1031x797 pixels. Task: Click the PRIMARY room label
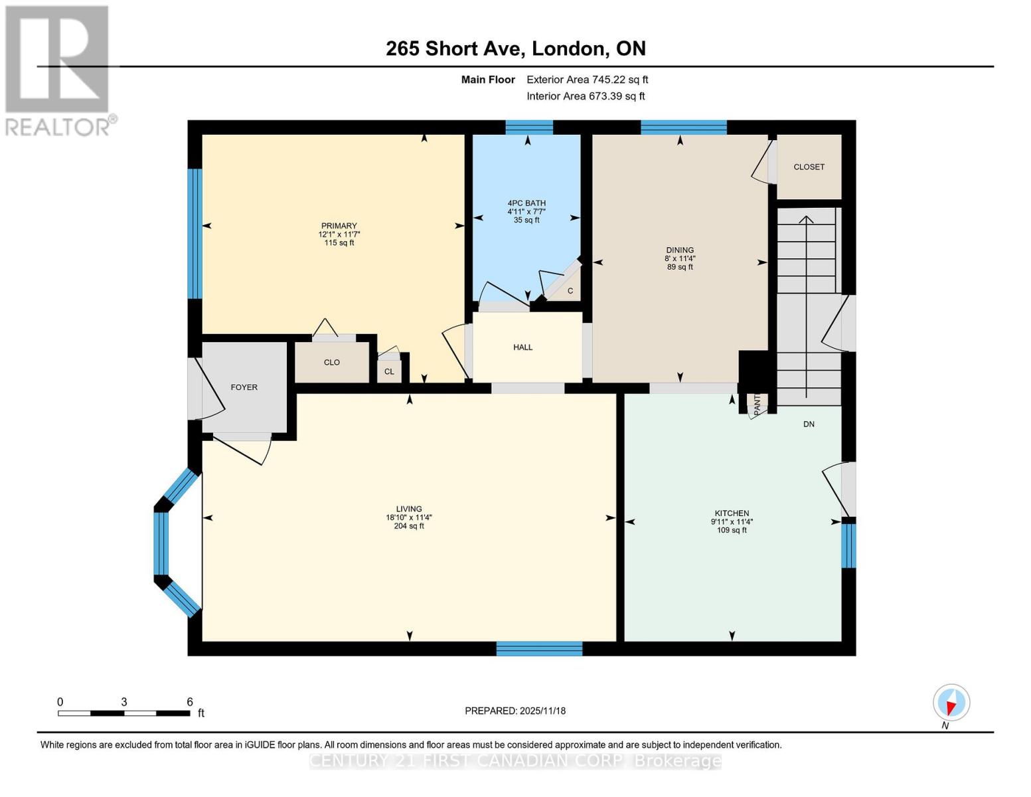pyautogui.click(x=339, y=226)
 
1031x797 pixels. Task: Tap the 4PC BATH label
pyautogui.click(x=526, y=203)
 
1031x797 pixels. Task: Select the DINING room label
pyautogui.click(x=680, y=250)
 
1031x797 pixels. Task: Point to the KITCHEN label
pyautogui.click(x=732, y=513)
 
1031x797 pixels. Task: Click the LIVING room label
pyautogui.click(x=409, y=509)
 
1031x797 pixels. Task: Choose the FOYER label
pyautogui.click(x=244, y=387)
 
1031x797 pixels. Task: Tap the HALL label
pyautogui.click(x=522, y=347)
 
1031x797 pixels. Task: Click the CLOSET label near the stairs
pyautogui.click(x=809, y=167)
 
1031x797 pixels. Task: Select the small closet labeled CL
pyautogui.click(x=389, y=372)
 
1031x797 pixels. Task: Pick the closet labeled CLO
pyautogui.click(x=331, y=363)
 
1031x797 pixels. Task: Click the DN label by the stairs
pyautogui.click(x=809, y=424)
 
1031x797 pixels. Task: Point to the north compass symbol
pyautogui.click(x=951, y=703)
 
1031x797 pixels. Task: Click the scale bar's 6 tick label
pyautogui.click(x=189, y=702)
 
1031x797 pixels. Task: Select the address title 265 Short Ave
pyautogui.click(x=515, y=48)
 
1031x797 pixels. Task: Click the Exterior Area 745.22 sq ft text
pyautogui.click(x=587, y=80)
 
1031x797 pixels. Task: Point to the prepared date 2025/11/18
pyautogui.click(x=515, y=711)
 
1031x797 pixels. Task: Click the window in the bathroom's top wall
pyautogui.click(x=528, y=128)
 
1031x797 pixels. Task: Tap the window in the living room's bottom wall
pyautogui.click(x=539, y=649)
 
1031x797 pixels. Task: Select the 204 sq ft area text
pyautogui.click(x=409, y=526)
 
